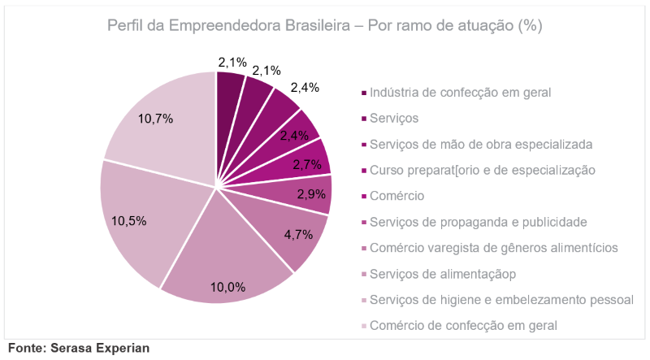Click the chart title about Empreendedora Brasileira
tap(324, 26)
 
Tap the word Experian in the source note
tap(123, 348)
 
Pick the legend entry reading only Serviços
tap(394, 119)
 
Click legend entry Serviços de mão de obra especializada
tap(481, 145)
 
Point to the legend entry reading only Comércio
tap(397, 196)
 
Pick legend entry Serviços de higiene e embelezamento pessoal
tap(501, 300)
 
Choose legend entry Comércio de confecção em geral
tap(463, 326)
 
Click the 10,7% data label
tap(155, 119)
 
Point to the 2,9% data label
tap(310, 193)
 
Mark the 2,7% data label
tap(307, 164)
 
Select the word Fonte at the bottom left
tap(26, 348)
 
